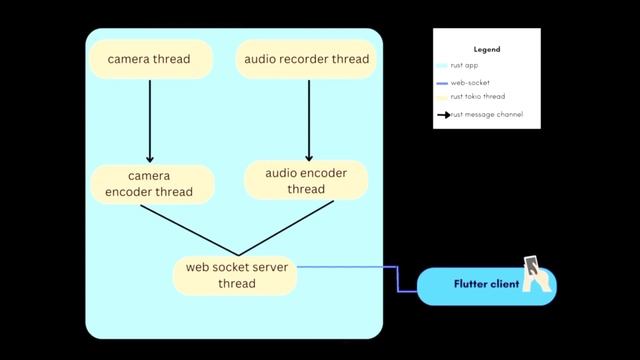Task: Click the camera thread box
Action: (149, 59)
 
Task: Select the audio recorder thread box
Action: (307, 59)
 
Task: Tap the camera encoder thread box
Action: (149, 183)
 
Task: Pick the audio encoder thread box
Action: (307, 180)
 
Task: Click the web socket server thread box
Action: (235, 275)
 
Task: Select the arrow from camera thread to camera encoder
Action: (149, 120)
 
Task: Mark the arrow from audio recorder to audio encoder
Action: (307, 118)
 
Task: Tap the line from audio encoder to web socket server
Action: (285, 228)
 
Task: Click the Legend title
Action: (487, 49)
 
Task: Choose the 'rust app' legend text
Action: (465, 65)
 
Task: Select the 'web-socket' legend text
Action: (470, 82)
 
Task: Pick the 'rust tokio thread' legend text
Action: (479, 97)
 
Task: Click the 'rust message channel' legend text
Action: (487, 115)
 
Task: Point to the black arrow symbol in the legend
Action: (443, 115)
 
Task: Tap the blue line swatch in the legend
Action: (442, 82)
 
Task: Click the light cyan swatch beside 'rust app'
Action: (442, 65)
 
